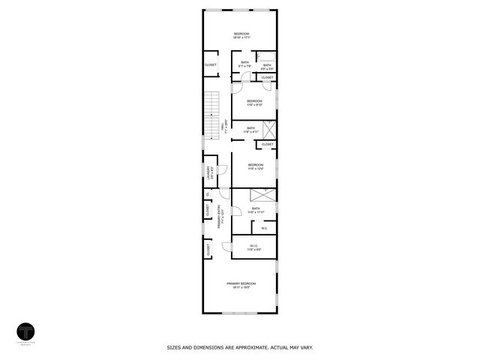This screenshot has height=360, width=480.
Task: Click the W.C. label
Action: (264, 228)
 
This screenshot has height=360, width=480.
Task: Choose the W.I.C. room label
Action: (253, 246)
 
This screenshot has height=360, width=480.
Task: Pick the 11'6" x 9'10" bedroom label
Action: (254, 103)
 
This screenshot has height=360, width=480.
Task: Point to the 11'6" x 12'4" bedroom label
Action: (255, 166)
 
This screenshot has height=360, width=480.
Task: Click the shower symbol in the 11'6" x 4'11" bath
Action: (268, 128)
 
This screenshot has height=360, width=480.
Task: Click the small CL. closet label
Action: (208, 195)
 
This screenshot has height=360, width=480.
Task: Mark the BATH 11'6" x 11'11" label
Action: (256, 210)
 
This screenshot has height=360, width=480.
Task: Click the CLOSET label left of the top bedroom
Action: (211, 65)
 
